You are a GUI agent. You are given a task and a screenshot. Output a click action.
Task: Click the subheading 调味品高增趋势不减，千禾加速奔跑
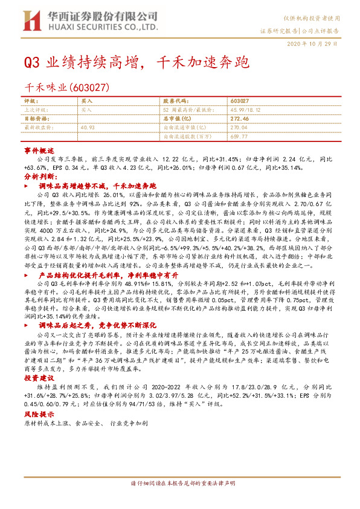point(97,186)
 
